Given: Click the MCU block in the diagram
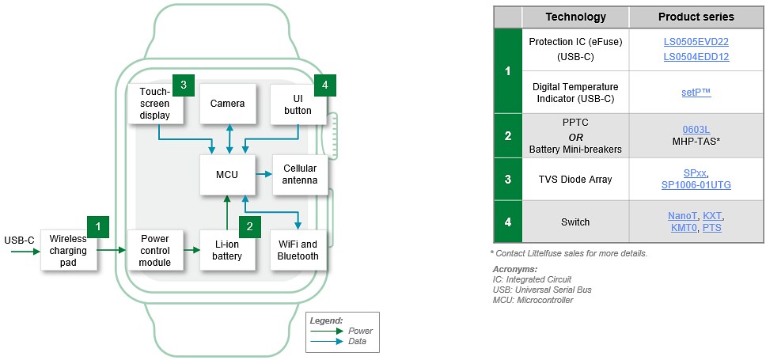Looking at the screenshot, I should point(228,174).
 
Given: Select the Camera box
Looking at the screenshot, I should point(228,104).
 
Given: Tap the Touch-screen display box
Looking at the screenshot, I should point(156,104).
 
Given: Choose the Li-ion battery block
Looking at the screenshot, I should point(228,250).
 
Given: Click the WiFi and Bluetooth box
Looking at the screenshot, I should point(298,250).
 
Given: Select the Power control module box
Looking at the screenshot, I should point(156,250).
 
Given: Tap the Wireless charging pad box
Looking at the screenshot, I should point(68,250).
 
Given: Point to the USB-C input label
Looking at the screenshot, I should point(18,240).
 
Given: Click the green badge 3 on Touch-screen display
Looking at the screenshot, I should point(183,85).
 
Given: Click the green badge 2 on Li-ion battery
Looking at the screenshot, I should point(249,227).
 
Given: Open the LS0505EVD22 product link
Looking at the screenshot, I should point(696,42).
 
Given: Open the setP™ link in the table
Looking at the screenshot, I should point(696,93).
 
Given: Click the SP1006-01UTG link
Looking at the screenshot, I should point(696,184).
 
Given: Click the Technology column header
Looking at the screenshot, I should point(575,17).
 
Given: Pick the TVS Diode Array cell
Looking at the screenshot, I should point(575,179).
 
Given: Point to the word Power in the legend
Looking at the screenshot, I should point(360,331).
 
